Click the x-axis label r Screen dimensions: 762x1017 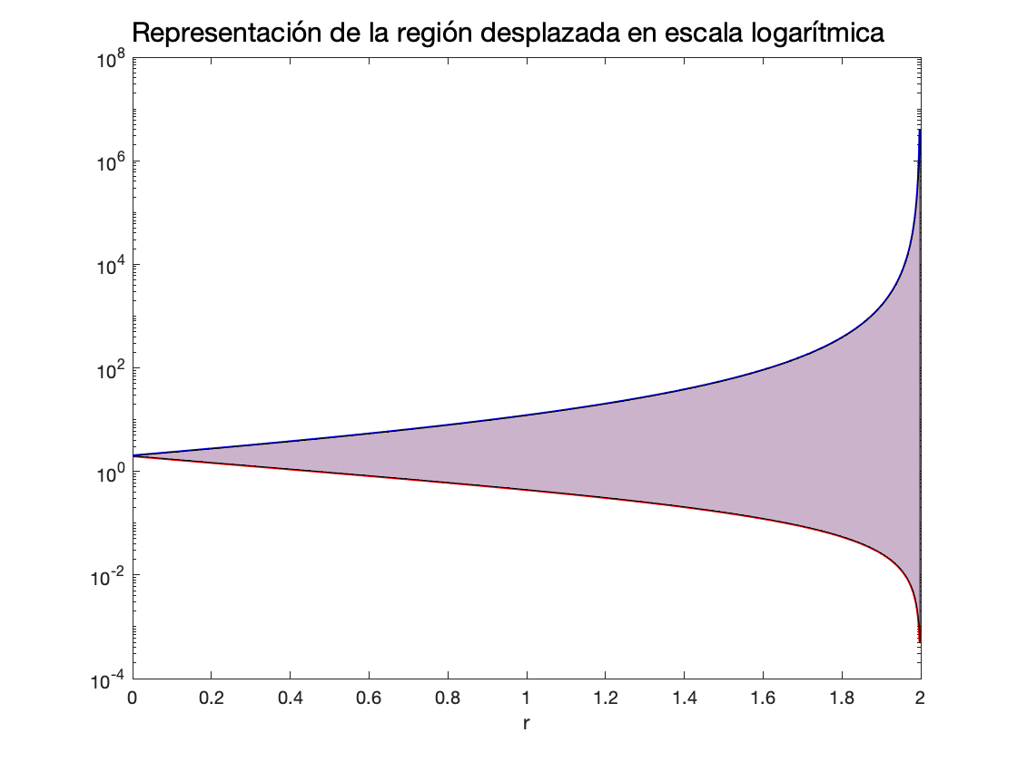pos(527,725)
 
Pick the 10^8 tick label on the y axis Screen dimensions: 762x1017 pos(112,60)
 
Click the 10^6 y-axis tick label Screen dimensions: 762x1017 pos(112,163)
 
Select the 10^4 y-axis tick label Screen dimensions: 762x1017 pos(112,267)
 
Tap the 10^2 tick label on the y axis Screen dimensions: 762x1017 pos(112,370)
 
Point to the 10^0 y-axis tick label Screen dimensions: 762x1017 pos(112,474)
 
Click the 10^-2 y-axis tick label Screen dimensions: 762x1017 pos(110,577)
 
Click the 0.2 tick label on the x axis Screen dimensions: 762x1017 pos(211,699)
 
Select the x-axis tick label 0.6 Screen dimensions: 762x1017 pos(369,699)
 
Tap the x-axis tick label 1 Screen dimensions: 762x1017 pos(527,699)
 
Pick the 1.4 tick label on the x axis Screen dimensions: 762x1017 pos(684,699)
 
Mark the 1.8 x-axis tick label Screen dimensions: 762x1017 pos(842,699)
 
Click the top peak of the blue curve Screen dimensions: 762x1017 pos(920,131)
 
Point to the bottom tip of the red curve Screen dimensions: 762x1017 pos(920,641)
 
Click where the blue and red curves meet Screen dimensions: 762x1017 pos(133,455)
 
